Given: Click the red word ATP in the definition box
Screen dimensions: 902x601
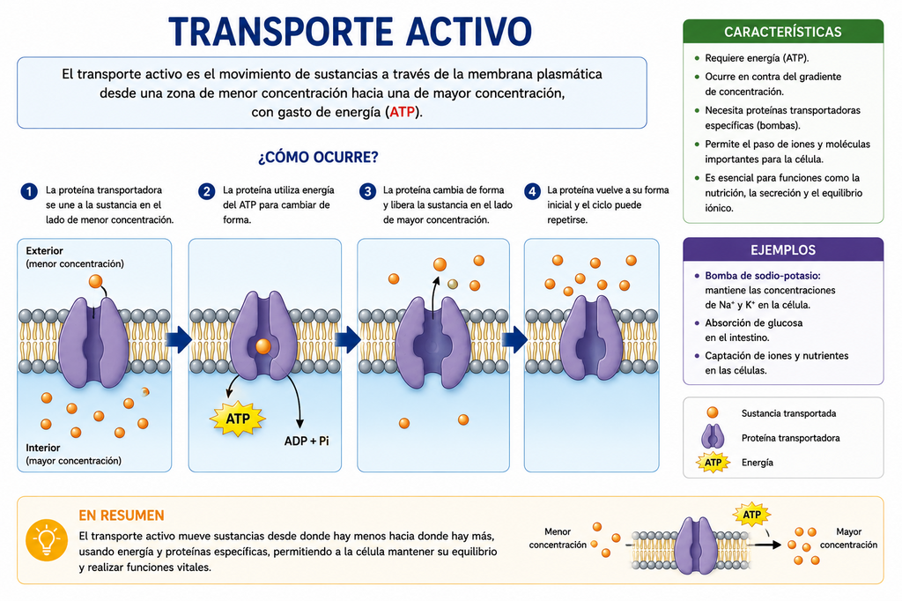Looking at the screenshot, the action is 402,112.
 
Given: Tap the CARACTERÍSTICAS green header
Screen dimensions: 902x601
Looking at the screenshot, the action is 783,32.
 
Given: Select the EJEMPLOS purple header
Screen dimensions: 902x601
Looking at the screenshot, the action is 783,250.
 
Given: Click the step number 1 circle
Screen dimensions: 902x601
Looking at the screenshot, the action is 29,191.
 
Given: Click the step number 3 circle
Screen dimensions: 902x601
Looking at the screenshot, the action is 367,191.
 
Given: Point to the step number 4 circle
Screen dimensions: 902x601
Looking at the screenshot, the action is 532,191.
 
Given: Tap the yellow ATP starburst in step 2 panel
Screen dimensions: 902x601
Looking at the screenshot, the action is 238,419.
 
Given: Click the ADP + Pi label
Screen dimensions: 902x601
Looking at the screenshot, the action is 307,441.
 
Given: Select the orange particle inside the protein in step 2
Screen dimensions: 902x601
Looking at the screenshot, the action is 262,346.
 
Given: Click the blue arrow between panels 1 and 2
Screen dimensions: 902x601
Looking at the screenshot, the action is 178,339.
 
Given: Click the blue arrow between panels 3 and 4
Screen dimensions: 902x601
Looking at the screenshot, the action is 514,339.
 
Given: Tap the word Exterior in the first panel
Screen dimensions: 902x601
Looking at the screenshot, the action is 44,251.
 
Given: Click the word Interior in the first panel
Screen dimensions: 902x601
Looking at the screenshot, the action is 43,448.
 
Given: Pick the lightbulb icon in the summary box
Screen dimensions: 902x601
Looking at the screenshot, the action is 47,540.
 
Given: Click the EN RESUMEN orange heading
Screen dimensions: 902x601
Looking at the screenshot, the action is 122,516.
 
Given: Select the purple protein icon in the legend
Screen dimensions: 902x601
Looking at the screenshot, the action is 713,437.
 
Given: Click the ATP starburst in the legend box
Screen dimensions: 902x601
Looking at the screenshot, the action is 713,463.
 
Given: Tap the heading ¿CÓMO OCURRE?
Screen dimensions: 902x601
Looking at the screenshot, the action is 318,157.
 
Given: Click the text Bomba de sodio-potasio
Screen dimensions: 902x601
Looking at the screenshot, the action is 763,276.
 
